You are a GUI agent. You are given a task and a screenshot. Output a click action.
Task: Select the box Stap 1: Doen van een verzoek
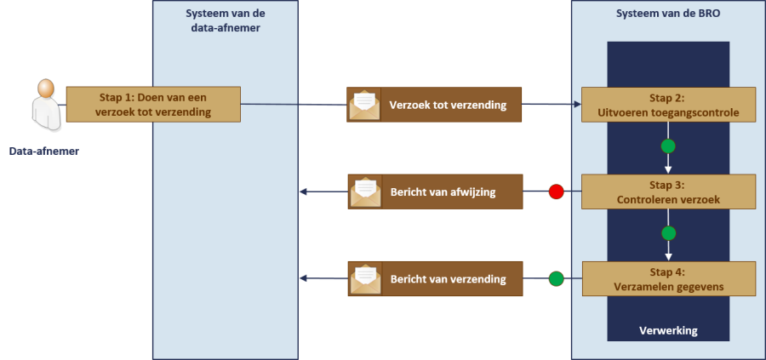[x=153, y=104]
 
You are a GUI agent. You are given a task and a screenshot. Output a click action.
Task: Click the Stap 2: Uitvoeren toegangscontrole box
[x=668, y=105]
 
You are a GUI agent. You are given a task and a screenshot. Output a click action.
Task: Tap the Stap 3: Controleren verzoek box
[x=668, y=191]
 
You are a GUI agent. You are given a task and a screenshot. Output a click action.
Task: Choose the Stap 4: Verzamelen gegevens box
[x=668, y=278]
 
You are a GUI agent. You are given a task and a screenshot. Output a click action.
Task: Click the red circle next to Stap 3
[x=556, y=191]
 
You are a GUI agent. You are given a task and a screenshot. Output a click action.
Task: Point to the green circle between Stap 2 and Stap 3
[x=668, y=146]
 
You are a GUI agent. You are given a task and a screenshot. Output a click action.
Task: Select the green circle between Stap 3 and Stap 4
[x=668, y=233]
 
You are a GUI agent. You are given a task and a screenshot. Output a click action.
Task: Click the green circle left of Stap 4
[x=556, y=278]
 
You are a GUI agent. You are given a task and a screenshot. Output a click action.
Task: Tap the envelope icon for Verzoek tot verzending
[x=365, y=105]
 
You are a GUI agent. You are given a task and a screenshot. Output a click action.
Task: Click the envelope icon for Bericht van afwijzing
[x=365, y=191]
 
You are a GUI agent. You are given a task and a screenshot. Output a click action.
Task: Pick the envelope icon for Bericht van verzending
[x=365, y=278]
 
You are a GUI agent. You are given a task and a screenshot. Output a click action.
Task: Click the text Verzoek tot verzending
[x=447, y=106]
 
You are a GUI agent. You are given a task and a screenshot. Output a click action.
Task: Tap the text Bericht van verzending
[x=448, y=279]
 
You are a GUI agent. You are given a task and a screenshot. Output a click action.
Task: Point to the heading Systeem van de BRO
[x=667, y=14]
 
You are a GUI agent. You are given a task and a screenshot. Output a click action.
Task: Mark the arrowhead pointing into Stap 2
[x=578, y=105]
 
